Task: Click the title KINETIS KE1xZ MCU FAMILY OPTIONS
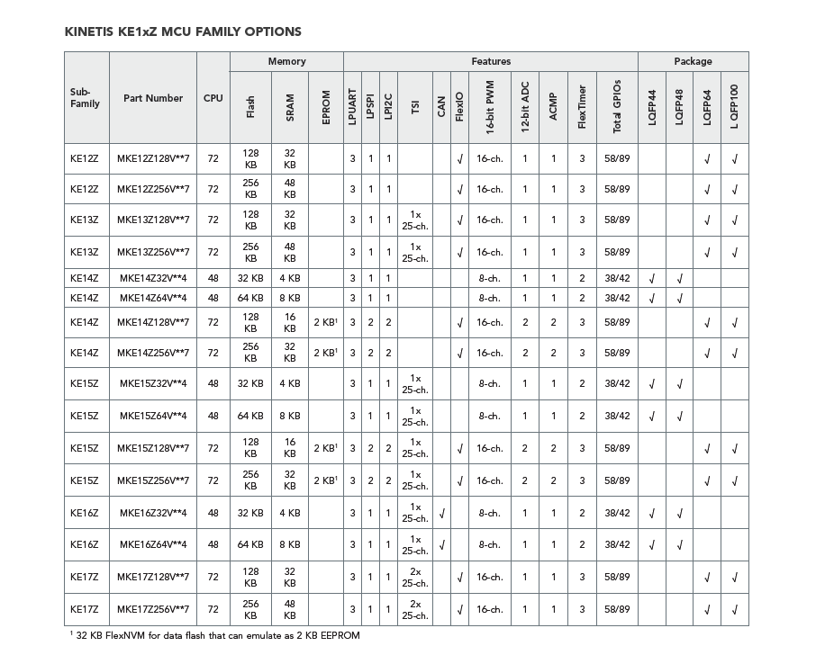coord(183,31)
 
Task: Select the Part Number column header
coord(153,98)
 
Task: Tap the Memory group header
coord(286,61)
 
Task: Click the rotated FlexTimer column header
coord(583,107)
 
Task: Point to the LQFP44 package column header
coord(652,107)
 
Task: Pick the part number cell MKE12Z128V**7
coord(153,159)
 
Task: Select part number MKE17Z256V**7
coord(153,609)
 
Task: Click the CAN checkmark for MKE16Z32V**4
coord(441,513)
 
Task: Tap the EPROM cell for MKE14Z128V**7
coord(326,322)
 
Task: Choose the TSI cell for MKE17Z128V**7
coord(415,577)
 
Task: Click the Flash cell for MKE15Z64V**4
coord(250,416)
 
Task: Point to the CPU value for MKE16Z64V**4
coord(213,544)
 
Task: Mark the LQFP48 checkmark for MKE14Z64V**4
coord(680,298)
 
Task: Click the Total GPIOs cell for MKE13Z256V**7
coord(617,252)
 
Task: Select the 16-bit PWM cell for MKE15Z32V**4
coord(489,383)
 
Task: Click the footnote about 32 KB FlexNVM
coord(214,635)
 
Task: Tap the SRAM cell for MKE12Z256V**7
coord(290,189)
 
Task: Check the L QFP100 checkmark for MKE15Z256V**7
coord(735,480)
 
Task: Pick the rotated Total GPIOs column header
coord(617,107)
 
